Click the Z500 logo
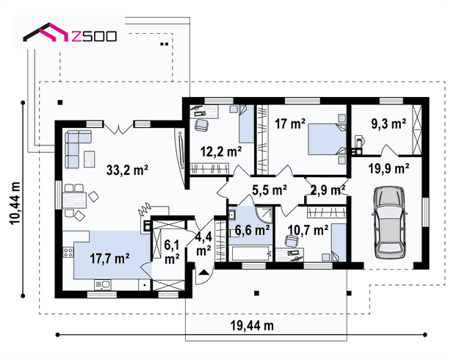70,33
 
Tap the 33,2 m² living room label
127,170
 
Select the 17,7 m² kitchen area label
109,259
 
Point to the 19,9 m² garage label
389,168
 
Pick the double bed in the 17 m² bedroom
327,140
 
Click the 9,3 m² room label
389,123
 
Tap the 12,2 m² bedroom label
221,151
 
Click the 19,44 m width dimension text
252,325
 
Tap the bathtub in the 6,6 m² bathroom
250,253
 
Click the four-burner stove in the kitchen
68,253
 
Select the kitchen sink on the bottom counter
103,285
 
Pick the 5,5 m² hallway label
270,190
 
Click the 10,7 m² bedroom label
308,230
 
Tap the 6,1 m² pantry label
172,253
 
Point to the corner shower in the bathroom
264,215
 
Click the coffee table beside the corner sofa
89,159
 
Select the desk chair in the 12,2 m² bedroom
201,125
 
